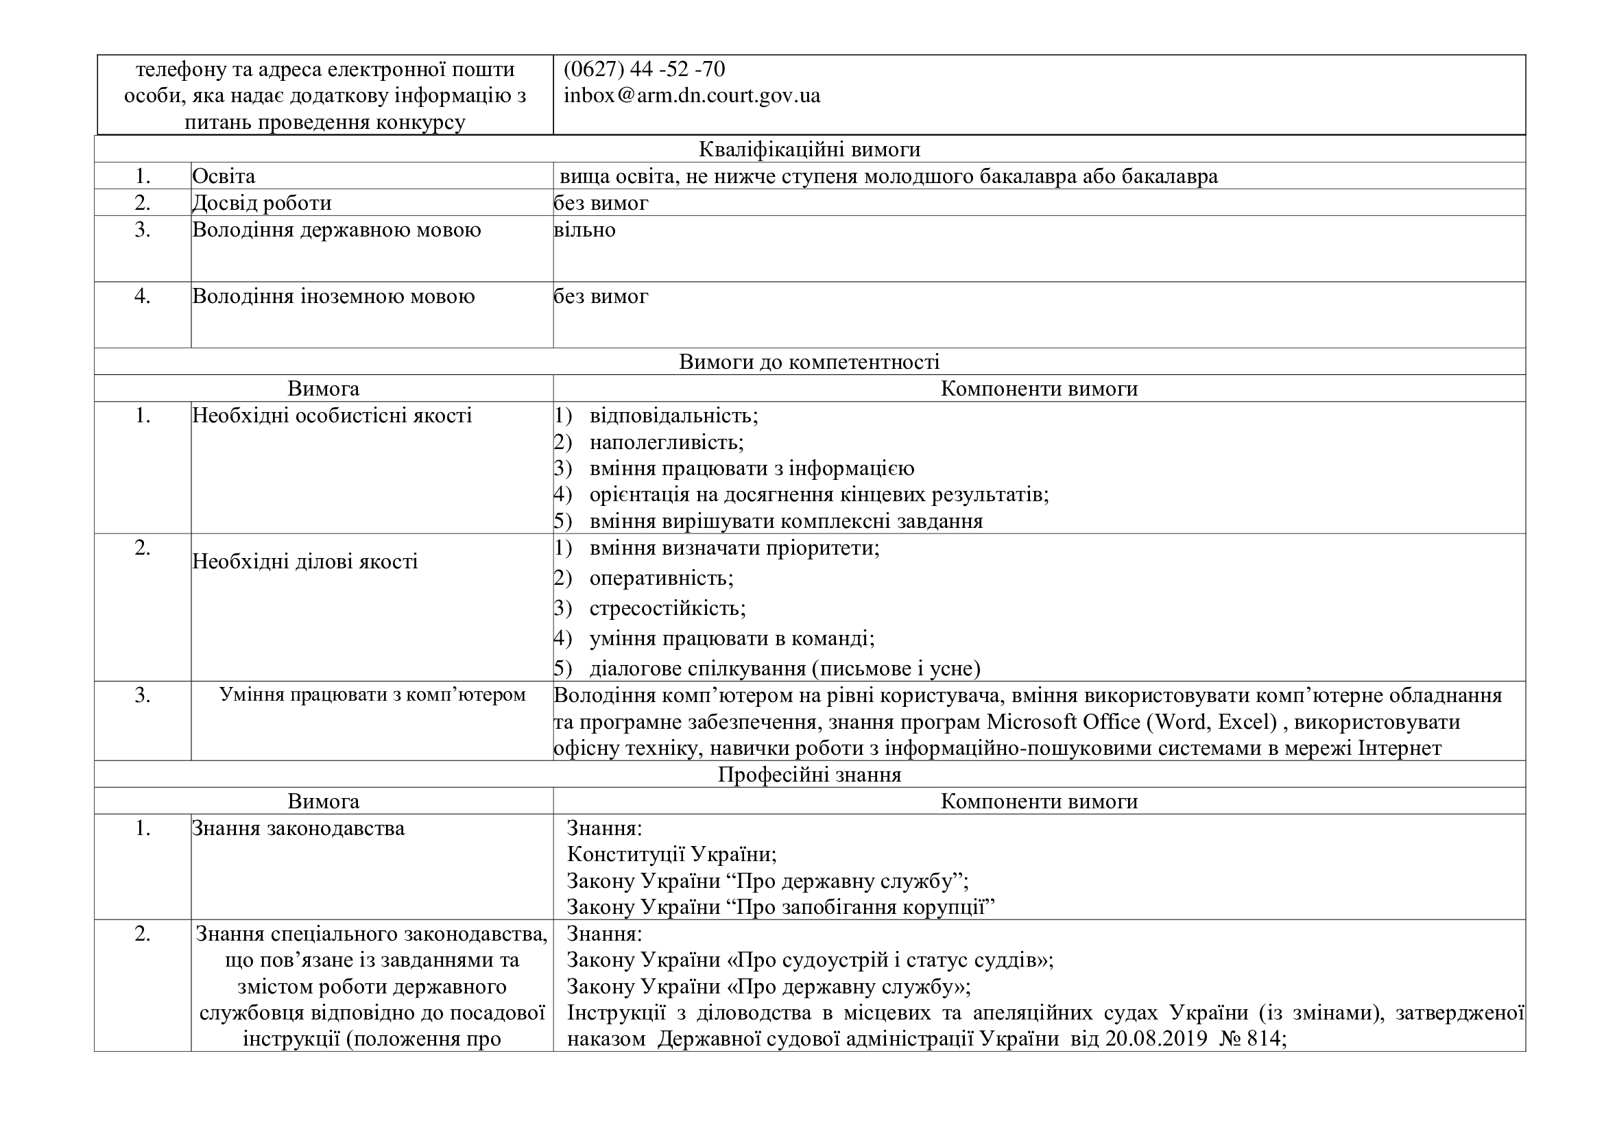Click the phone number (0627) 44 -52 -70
point(644,69)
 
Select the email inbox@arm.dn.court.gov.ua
point(692,96)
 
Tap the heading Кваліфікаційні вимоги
point(809,149)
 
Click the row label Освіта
point(224,176)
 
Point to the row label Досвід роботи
point(261,203)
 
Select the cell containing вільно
point(585,230)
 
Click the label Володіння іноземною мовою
point(333,297)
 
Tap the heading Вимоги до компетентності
point(809,362)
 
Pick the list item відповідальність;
point(673,415)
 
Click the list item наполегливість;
point(667,442)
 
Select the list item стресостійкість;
point(667,608)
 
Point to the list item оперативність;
point(661,578)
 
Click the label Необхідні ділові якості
point(304,562)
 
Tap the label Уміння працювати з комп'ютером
point(372,695)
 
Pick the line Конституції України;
point(671,854)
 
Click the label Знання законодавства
point(298,829)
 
